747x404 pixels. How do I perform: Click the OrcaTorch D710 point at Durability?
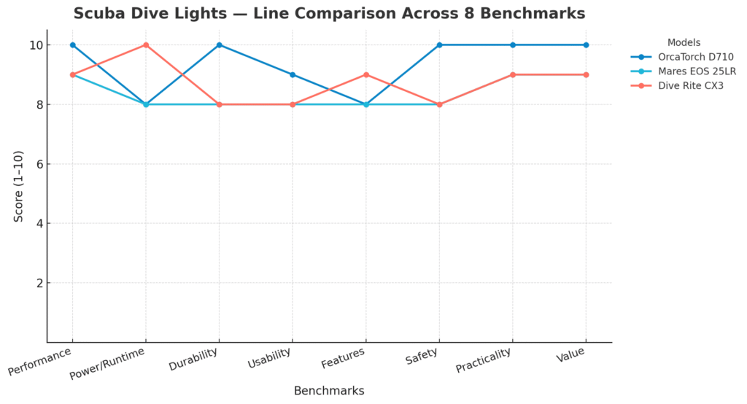(x=219, y=45)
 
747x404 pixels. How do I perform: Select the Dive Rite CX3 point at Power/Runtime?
(x=146, y=45)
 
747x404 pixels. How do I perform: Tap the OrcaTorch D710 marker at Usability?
(x=293, y=74)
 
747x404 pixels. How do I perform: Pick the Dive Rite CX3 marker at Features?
(x=366, y=74)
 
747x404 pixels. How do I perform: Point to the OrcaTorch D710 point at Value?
(x=586, y=45)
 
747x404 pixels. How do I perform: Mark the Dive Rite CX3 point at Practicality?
(x=513, y=74)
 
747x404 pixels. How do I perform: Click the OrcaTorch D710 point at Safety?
(x=439, y=45)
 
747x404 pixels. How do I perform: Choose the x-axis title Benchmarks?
(x=329, y=391)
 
